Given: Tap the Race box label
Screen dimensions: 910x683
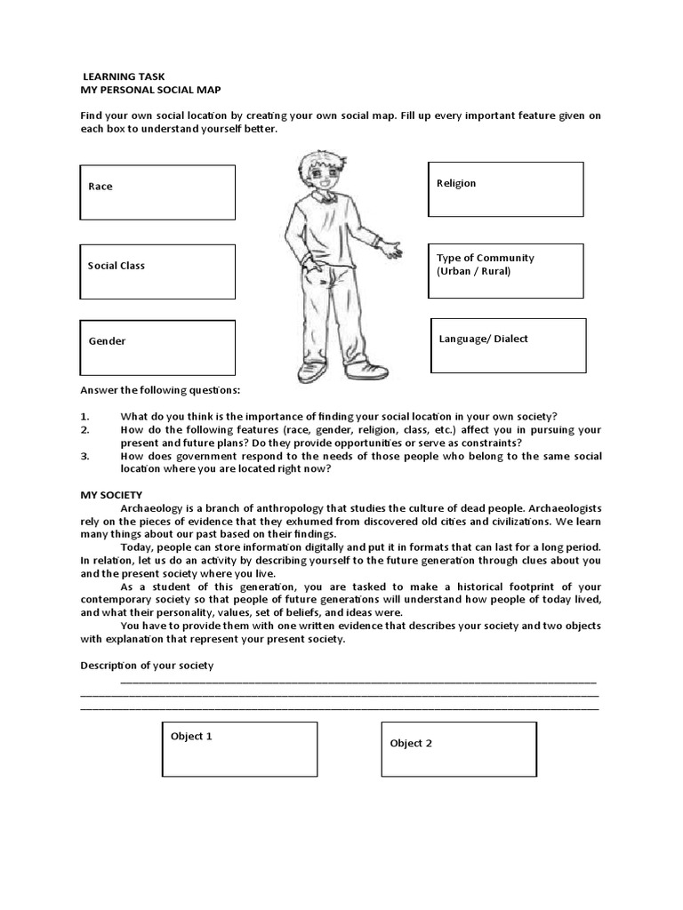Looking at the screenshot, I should [100, 187].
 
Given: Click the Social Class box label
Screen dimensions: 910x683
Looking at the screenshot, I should [117, 266].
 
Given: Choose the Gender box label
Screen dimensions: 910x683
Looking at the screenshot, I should [107, 341].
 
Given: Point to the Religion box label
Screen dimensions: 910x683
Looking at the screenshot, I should [456, 183].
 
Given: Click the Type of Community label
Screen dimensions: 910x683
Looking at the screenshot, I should [486, 258].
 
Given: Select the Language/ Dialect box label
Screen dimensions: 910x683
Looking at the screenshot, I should [484, 339].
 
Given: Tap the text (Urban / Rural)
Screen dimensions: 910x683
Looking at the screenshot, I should [474, 271].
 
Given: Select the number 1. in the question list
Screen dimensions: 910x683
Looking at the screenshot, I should [85, 417].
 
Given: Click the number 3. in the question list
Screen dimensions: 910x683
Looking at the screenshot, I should [85, 456].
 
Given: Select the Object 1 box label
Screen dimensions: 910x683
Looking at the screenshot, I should [191, 737].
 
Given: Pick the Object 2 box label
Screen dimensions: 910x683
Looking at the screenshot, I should [411, 743].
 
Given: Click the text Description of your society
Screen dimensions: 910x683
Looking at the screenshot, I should [147, 666].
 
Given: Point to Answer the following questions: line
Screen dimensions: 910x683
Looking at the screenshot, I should [160, 390].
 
